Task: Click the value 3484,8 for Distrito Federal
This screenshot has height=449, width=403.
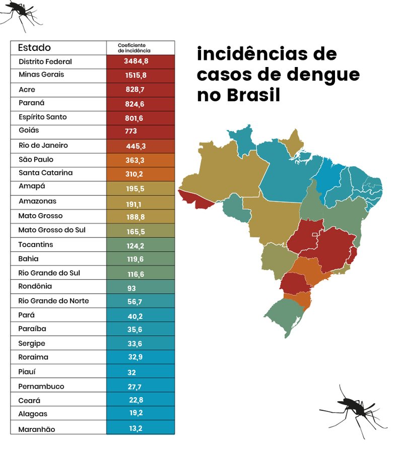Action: (137, 61)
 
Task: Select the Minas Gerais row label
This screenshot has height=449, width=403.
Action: (41, 75)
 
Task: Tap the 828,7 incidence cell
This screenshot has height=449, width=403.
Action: (134, 89)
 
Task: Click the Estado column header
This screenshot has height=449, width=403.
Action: (34, 48)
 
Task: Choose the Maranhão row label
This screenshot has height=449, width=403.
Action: (37, 429)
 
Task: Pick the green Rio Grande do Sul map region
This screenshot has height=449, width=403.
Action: (287, 315)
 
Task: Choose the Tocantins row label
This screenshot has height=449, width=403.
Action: (36, 245)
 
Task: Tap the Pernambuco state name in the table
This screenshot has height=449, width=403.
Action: (41, 387)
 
